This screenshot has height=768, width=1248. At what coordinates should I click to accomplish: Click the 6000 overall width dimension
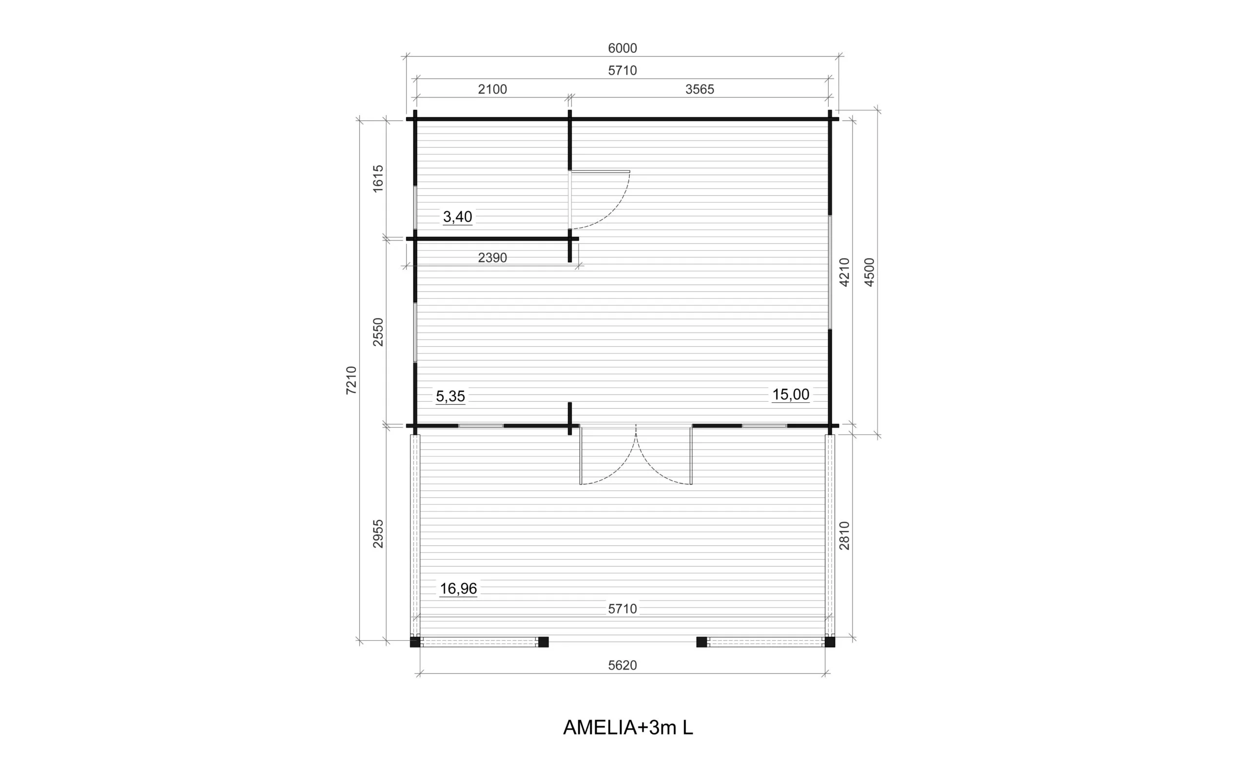point(622,48)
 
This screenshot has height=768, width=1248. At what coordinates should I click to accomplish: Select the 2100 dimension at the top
point(492,89)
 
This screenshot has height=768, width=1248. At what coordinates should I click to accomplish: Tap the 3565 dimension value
point(699,89)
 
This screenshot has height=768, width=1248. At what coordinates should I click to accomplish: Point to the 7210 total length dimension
point(351,380)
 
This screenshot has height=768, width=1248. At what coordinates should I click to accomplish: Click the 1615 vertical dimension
point(378,179)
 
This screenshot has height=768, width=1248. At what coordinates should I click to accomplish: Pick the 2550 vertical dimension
point(378,332)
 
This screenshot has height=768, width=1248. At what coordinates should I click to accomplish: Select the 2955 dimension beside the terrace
point(378,533)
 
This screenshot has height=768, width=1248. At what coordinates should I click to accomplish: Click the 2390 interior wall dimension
point(492,258)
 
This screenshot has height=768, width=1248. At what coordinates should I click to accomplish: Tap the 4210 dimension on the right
point(844,272)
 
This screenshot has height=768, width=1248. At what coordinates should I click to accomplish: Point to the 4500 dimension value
point(869,272)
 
